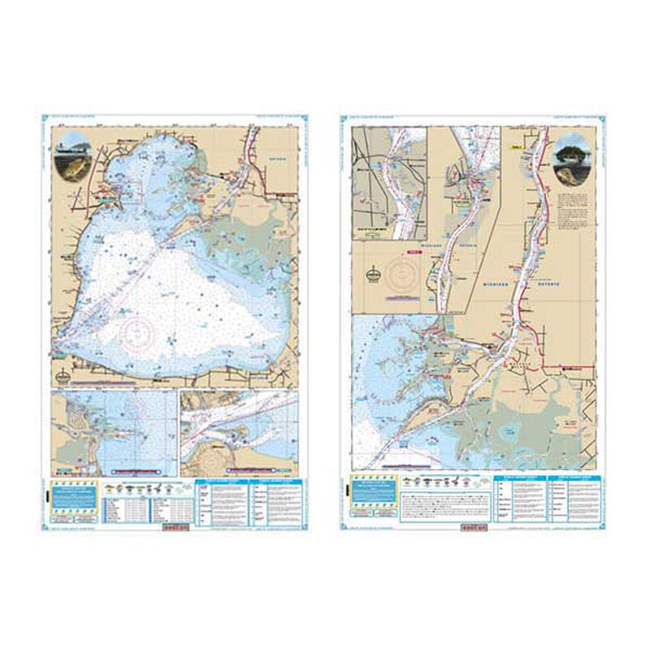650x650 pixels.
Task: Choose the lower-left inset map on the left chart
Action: click(114, 434)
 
